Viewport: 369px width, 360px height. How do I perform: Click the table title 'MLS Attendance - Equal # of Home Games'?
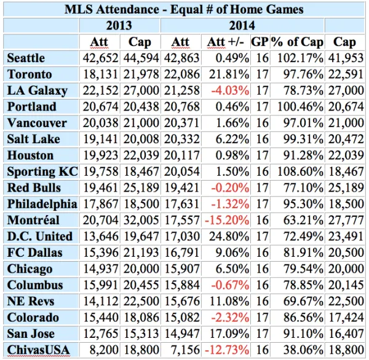coord(184,9)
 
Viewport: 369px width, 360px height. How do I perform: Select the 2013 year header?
coord(119,25)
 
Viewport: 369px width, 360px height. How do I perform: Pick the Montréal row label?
coord(33,220)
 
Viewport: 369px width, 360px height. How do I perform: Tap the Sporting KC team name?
coord(42,171)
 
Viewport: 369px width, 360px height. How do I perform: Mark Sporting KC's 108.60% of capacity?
coord(300,171)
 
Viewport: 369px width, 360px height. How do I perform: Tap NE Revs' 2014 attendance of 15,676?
coord(180,301)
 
